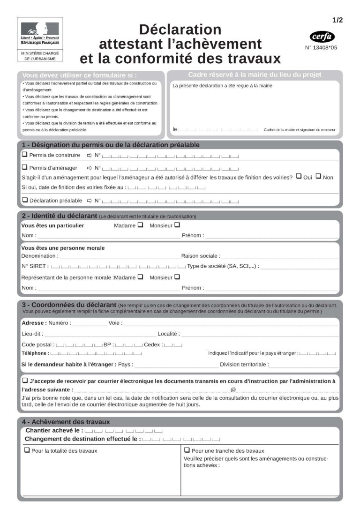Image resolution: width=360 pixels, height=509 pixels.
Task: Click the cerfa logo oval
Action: click(322, 37)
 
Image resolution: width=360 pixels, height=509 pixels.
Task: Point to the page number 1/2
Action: click(337, 20)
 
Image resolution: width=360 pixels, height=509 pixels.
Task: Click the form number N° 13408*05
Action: click(322, 47)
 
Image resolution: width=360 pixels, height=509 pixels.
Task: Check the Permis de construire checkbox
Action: click(25, 155)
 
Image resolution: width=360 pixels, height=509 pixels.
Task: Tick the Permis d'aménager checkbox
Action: click(25, 167)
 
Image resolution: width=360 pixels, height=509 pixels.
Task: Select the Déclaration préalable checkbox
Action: click(25, 200)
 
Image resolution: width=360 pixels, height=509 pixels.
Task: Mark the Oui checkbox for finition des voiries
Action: click(299, 177)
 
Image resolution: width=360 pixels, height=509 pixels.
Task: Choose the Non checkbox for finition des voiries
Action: click(318, 177)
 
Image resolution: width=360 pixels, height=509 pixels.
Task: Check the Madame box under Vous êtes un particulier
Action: click(140, 225)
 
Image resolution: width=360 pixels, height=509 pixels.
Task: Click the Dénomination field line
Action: click(120, 257)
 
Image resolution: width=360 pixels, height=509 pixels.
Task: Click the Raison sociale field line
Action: click(280, 257)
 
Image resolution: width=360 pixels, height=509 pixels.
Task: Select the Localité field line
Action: click(260, 335)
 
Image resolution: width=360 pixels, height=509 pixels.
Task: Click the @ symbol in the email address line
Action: click(233, 390)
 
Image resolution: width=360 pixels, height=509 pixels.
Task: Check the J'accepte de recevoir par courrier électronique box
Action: click(25, 381)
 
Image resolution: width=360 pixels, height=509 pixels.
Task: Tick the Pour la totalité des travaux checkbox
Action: click(27, 450)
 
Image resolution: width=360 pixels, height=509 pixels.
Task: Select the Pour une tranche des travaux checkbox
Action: click(187, 450)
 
